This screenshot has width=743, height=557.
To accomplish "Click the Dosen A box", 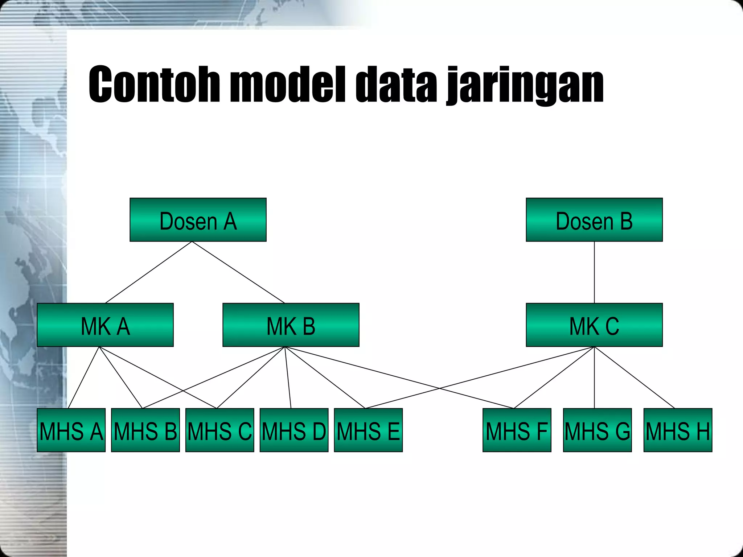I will pos(198,220).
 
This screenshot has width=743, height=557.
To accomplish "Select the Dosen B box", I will pos(594,220).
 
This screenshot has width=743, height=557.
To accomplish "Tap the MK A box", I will pos(105,325).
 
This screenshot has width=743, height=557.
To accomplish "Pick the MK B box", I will pos(291,325).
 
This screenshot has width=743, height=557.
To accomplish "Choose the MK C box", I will pos(594,325).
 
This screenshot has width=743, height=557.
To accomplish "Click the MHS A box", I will pos(71,430).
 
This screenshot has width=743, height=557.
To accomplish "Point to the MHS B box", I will pos(145,430).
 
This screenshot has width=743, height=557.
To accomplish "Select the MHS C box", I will pos(220,430).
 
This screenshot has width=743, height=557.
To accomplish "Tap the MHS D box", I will pos(294,430).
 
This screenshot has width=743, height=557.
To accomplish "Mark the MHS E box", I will pos(368,430).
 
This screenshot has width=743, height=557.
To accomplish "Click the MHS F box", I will pos(517,430).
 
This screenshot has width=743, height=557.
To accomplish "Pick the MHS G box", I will pos(598,430).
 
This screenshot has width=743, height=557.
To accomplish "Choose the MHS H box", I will pos(678,430).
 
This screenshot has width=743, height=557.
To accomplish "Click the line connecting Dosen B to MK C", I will pos(594,272).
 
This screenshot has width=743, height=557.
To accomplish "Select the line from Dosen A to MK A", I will pos(149,272).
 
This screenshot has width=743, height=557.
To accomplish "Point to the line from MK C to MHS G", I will pos(594,377).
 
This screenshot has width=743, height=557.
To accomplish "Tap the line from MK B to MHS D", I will pos(288,377).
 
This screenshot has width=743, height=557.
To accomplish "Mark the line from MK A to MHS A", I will pos(83,377).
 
